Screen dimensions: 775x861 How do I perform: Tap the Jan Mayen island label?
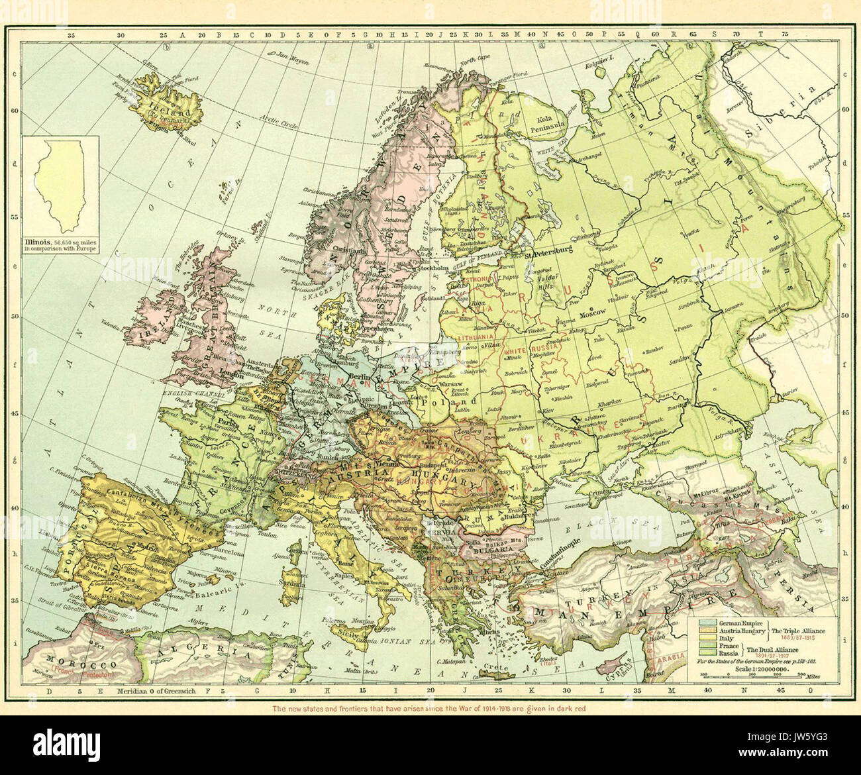click(x=292, y=58)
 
